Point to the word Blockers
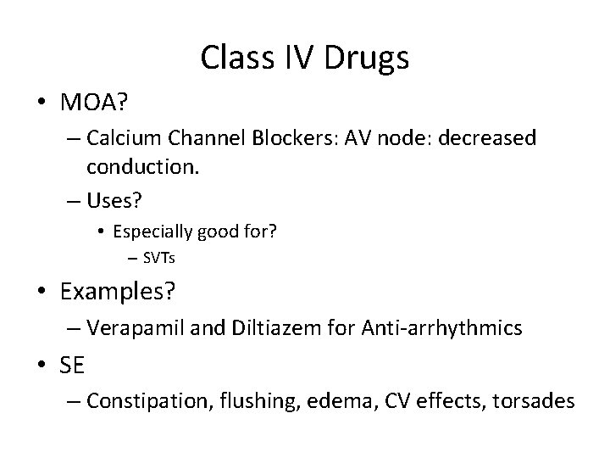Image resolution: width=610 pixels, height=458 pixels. [x=304, y=138]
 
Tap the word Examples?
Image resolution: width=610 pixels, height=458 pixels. [x=118, y=293]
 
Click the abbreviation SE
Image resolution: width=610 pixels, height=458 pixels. [x=74, y=366]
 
